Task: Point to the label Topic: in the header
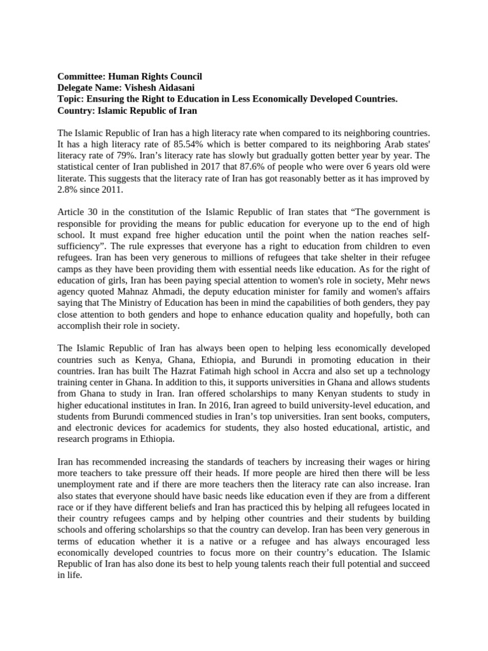point(71,99)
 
